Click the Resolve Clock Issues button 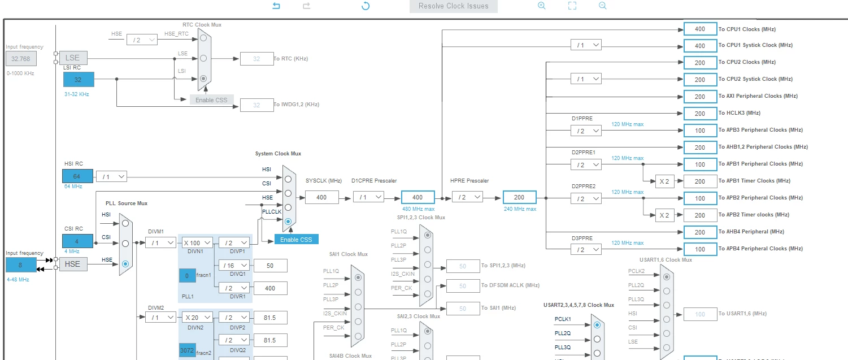[453, 6]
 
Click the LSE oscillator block [73, 58]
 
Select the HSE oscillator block [73, 264]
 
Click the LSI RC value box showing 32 [79, 80]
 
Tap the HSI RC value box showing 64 [77, 176]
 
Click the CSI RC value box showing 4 [77, 241]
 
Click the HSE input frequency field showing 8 [21, 265]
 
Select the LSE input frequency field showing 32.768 [21, 59]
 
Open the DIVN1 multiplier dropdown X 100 [197, 242]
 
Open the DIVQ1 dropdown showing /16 [234, 266]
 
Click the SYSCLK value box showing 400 [322, 197]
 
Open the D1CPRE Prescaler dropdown [368, 197]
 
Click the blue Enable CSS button [296, 240]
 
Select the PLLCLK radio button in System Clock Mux [288, 222]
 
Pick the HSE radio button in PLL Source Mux [125, 264]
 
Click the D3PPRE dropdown [586, 249]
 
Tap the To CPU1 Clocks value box [700, 29]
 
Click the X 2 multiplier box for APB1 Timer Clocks [664, 181]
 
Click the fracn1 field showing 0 [187, 276]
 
